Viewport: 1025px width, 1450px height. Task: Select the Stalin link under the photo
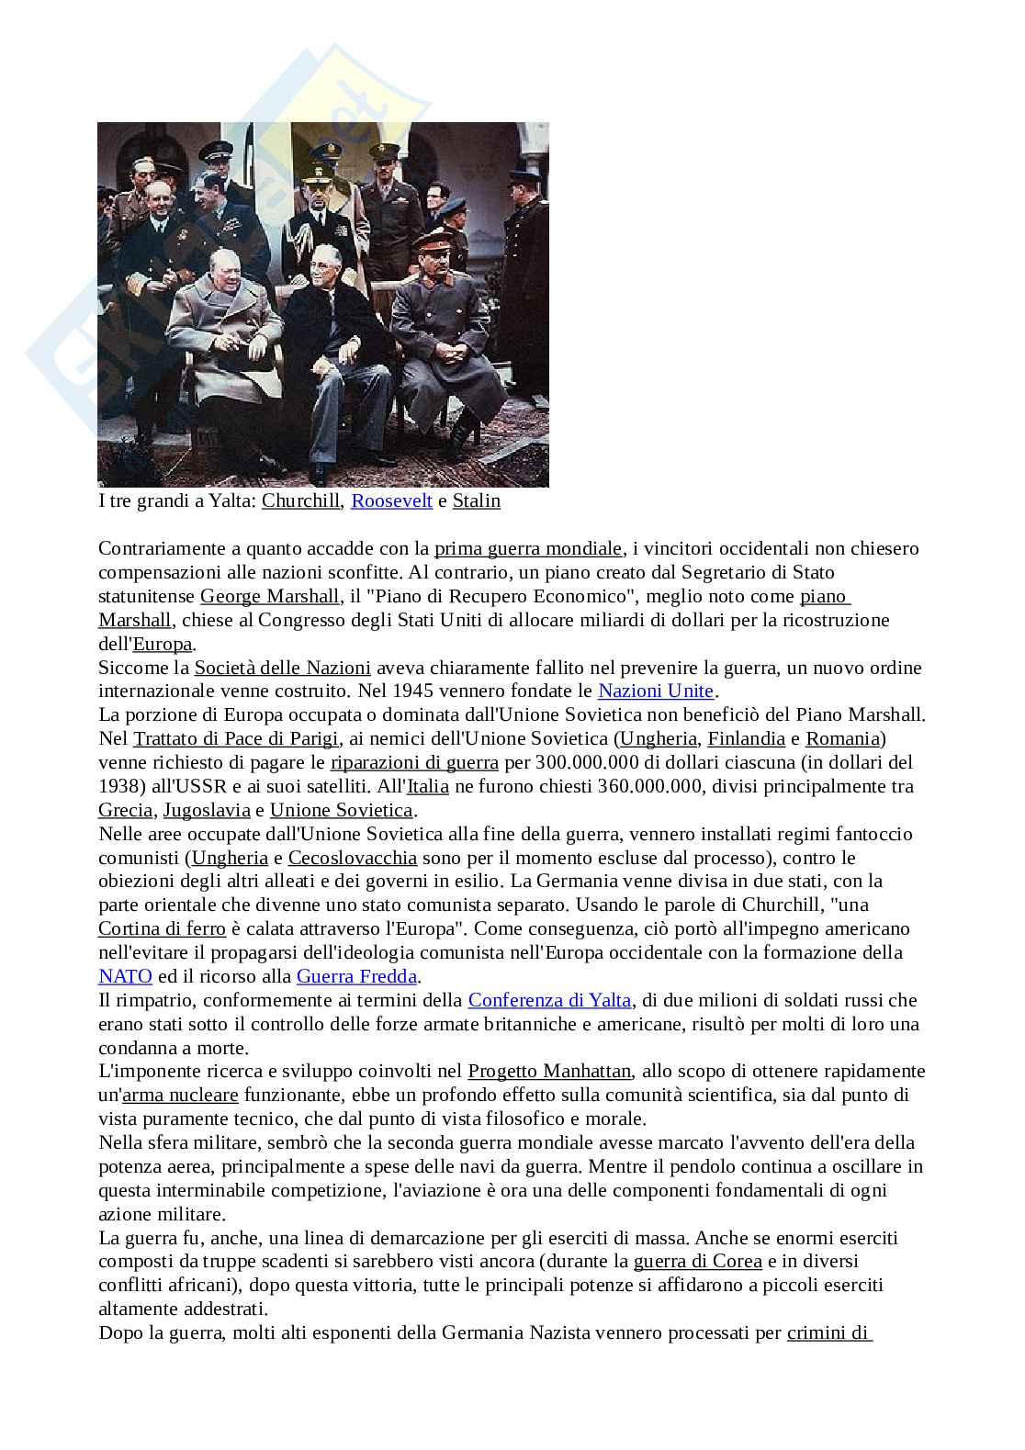(476, 501)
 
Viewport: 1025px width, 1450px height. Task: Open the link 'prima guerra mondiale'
(528, 549)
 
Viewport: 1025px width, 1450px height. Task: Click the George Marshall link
(270, 597)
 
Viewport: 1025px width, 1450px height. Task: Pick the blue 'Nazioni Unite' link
(655, 691)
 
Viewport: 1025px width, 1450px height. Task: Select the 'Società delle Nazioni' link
(282, 668)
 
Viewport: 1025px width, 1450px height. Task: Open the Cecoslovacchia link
(352, 858)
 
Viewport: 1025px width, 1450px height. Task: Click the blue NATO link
(118, 976)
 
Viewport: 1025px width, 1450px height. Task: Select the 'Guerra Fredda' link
(356, 976)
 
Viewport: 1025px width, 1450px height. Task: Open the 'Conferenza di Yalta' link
(549, 1000)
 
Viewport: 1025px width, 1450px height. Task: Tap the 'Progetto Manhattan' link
(549, 1071)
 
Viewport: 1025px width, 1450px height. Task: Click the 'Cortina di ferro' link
(162, 928)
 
